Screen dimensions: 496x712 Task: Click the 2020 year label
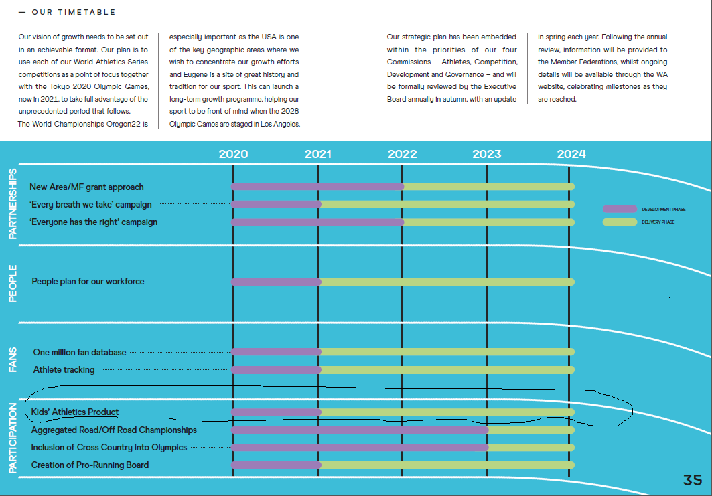click(233, 154)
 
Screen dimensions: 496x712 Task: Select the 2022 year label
click(402, 154)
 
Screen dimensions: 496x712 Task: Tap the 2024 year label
click(571, 154)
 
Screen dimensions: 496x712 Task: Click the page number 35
click(693, 480)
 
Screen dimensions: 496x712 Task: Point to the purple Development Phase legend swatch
click(620, 209)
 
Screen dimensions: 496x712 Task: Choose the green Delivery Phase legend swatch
click(620, 222)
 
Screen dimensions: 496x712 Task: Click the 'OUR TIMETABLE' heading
click(73, 12)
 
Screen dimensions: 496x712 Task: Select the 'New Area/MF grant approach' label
click(86, 187)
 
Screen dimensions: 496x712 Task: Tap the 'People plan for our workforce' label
click(88, 282)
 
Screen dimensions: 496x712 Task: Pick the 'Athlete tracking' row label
click(64, 369)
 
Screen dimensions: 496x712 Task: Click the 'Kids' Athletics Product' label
click(75, 412)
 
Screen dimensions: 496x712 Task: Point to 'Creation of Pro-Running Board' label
click(90, 465)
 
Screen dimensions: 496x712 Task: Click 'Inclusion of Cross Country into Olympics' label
click(109, 447)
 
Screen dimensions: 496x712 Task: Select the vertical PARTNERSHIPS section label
click(13, 203)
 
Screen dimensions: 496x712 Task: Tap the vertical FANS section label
click(13, 359)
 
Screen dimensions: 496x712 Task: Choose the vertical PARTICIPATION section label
click(13, 438)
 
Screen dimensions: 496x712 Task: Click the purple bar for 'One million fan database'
click(276, 352)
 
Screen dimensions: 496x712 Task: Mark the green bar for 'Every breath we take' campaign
click(447, 204)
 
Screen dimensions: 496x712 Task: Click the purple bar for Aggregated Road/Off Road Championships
click(360, 430)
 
